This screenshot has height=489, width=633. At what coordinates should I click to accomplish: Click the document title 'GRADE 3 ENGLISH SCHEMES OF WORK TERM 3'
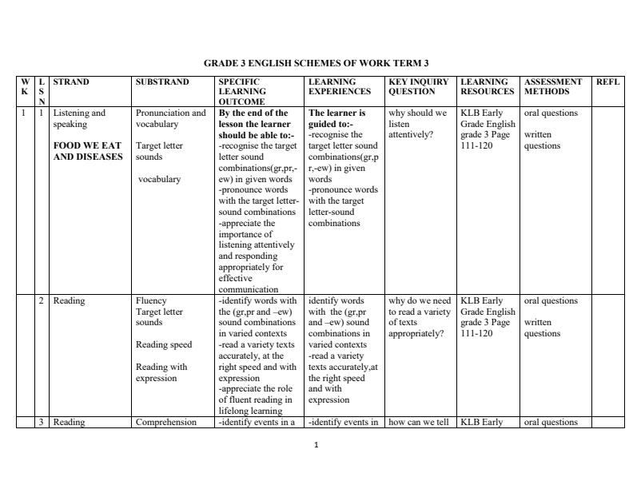click(x=316, y=62)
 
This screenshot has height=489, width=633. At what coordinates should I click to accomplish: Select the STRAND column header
click(x=71, y=81)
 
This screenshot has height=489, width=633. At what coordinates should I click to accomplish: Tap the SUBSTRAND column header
click(x=162, y=81)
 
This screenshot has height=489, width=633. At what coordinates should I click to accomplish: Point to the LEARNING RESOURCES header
click(x=488, y=86)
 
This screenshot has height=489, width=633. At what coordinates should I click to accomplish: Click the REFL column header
click(x=608, y=81)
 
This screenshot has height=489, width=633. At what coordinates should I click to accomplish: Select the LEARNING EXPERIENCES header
click(x=340, y=86)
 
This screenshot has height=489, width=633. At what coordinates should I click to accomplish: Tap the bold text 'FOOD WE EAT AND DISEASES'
click(x=88, y=151)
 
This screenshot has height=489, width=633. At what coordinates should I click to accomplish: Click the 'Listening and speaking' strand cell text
click(x=79, y=118)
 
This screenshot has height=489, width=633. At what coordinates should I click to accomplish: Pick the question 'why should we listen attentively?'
click(x=417, y=124)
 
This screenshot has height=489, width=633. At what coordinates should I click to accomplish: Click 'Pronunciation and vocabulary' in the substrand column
click(x=170, y=118)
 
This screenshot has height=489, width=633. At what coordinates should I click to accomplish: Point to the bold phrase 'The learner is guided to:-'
click(x=336, y=118)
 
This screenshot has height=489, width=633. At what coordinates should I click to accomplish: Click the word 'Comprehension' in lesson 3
click(x=166, y=423)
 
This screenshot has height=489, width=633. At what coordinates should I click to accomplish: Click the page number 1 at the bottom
click(x=316, y=444)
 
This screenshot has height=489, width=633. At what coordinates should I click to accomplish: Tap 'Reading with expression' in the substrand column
click(x=161, y=372)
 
